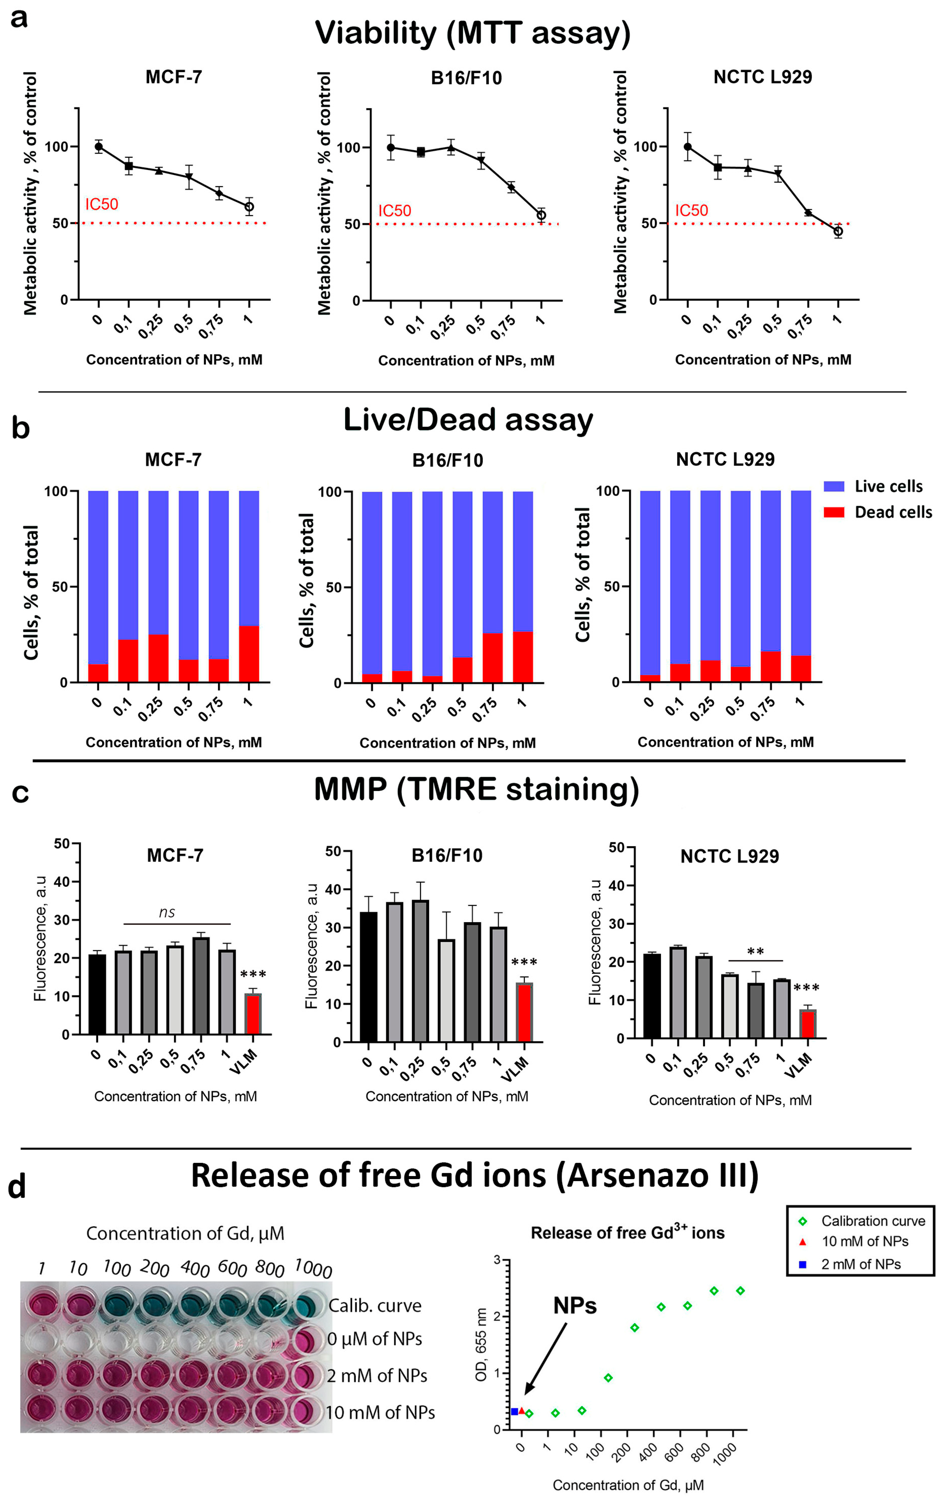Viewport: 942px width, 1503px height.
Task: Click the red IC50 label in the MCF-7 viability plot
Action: (102, 204)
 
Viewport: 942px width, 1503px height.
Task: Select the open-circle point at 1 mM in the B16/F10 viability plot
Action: (541, 215)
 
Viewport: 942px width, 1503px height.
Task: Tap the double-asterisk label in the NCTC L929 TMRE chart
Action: (755, 951)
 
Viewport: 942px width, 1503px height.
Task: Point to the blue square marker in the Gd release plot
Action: (514, 1411)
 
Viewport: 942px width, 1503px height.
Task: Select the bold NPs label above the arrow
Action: (574, 1306)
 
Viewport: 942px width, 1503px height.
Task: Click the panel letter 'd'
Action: (17, 1187)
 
